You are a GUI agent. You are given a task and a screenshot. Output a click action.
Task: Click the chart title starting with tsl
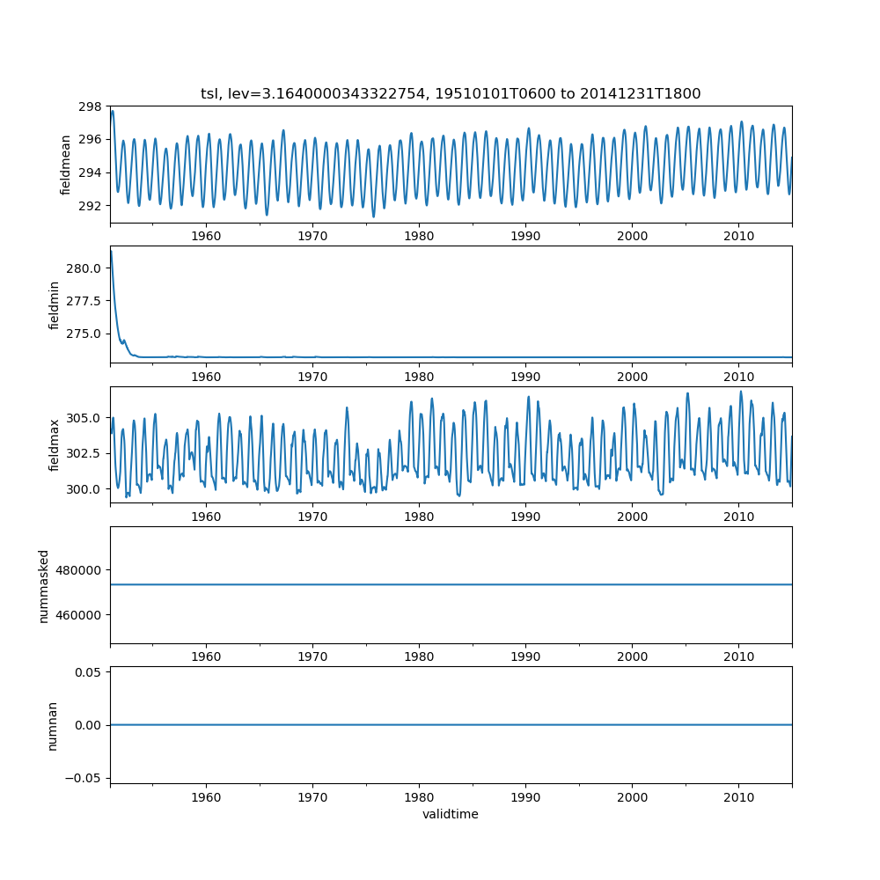click(451, 94)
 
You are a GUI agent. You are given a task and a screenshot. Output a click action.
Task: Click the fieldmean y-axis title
click(66, 165)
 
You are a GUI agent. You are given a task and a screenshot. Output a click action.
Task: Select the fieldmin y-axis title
click(55, 304)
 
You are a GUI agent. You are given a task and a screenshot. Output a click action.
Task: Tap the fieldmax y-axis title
click(55, 444)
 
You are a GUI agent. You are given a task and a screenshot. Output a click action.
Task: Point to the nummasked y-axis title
click(43, 585)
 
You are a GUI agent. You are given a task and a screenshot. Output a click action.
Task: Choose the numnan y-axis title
click(52, 725)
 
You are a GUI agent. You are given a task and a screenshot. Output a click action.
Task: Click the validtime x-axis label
click(451, 814)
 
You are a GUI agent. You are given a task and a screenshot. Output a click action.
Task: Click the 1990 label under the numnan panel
click(525, 796)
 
